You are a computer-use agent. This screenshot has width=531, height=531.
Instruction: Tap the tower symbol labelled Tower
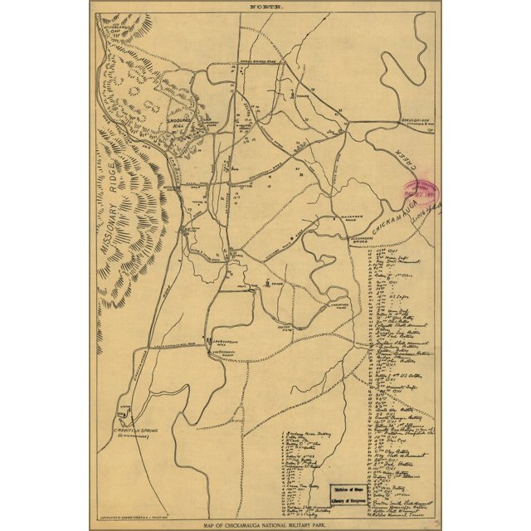click(266, 284)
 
